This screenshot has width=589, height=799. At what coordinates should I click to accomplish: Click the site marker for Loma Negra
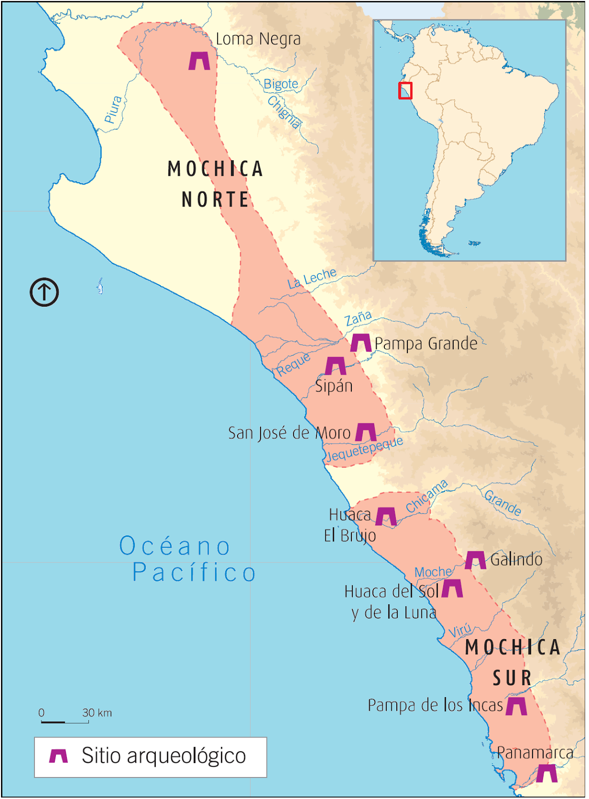[x=199, y=61]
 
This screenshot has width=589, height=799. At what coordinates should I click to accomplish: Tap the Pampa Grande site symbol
[x=361, y=343]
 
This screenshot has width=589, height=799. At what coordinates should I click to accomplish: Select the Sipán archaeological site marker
[x=335, y=366]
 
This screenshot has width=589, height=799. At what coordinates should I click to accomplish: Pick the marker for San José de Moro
[x=366, y=432]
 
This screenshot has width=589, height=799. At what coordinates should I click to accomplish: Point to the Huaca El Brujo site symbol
[x=386, y=517]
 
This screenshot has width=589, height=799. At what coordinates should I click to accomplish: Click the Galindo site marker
[x=475, y=560]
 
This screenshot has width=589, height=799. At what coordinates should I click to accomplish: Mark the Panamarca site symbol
[x=547, y=774]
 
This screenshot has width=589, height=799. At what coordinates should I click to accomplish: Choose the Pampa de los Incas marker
[x=516, y=706]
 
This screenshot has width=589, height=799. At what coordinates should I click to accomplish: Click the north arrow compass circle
[x=44, y=292]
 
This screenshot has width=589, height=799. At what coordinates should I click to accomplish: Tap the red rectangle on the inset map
[x=405, y=90]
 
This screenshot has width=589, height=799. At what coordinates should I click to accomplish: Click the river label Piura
[x=113, y=110]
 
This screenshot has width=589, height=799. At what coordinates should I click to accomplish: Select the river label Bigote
[x=281, y=84]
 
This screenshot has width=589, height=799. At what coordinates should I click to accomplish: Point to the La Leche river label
[x=312, y=278]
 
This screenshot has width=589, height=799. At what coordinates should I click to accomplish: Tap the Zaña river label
[x=358, y=318]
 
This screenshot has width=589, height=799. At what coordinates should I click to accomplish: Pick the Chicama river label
[x=427, y=496]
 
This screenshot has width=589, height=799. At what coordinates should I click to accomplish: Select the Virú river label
[x=460, y=631]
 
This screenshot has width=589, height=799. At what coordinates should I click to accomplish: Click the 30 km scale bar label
[x=97, y=713]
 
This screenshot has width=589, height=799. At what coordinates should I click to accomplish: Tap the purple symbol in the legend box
[x=58, y=756]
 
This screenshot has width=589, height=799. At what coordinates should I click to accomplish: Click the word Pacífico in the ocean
[x=194, y=572]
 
